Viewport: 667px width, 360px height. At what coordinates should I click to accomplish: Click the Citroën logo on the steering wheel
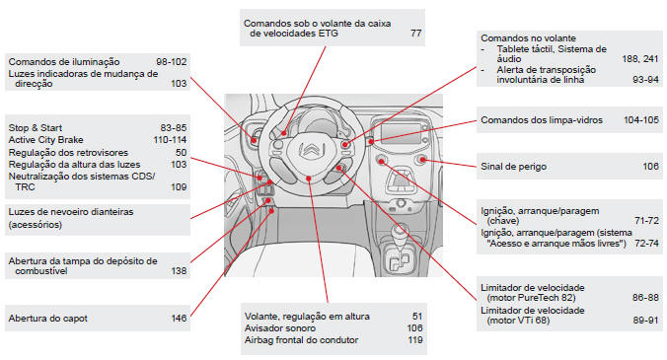click(x=311, y=151)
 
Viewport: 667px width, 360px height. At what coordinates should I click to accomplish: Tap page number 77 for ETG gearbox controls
click(x=416, y=34)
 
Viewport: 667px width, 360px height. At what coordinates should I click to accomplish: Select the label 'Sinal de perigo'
click(x=513, y=167)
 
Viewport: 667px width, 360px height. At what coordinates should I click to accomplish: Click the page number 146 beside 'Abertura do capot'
click(x=179, y=319)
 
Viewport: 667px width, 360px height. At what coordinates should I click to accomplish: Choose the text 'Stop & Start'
click(x=36, y=128)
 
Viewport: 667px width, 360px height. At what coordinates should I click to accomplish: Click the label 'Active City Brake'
click(x=46, y=140)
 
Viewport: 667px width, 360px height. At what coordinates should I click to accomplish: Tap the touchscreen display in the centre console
click(x=401, y=132)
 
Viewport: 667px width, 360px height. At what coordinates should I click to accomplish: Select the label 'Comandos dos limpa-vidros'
click(x=542, y=120)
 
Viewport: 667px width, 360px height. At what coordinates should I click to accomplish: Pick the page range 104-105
click(x=641, y=120)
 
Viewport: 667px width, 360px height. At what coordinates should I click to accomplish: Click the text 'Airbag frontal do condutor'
click(x=301, y=340)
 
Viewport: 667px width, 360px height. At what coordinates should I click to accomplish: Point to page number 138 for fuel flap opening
click(x=179, y=271)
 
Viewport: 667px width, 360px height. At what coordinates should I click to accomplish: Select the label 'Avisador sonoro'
click(x=280, y=328)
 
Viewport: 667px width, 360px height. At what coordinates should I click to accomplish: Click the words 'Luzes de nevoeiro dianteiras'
click(x=71, y=212)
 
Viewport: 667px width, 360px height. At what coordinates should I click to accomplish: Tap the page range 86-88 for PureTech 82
click(x=645, y=298)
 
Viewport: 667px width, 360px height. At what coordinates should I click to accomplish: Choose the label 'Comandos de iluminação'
click(x=64, y=62)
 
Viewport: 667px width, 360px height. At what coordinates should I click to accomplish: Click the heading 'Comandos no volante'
click(x=528, y=38)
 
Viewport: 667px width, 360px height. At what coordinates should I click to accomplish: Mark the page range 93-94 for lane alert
click(x=645, y=80)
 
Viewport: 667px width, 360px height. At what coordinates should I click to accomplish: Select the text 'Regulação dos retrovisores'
click(x=68, y=153)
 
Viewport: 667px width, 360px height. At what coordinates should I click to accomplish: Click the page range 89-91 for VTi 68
click(x=645, y=321)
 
